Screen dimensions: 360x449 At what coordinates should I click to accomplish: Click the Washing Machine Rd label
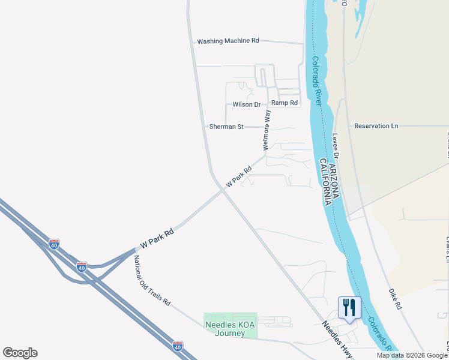click(x=228, y=41)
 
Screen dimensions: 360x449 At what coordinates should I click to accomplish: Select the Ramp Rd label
click(x=285, y=103)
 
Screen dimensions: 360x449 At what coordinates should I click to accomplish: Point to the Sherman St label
click(x=226, y=127)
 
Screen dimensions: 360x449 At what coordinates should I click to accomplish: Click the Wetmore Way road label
click(x=267, y=130)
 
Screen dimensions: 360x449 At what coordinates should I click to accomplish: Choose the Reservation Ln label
click(x=376, y=126)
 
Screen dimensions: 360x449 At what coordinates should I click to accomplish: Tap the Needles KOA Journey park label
click(x=230, y=329)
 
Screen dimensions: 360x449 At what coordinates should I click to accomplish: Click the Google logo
click(x=20, y=353)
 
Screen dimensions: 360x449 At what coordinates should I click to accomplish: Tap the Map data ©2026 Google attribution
click(x=412, y=355)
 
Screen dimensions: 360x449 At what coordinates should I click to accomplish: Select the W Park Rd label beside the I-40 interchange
click(x=157, y=238)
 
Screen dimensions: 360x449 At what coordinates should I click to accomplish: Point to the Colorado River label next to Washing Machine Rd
click(x=318, y=82)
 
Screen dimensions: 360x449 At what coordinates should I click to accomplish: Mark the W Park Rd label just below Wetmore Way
click(x=238, y=176)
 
